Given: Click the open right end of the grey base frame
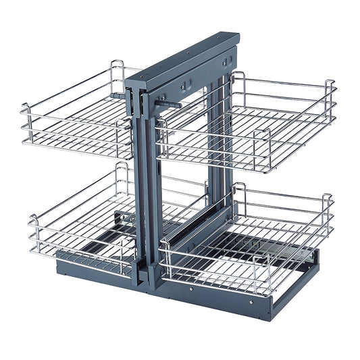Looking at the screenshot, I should [312, 270].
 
